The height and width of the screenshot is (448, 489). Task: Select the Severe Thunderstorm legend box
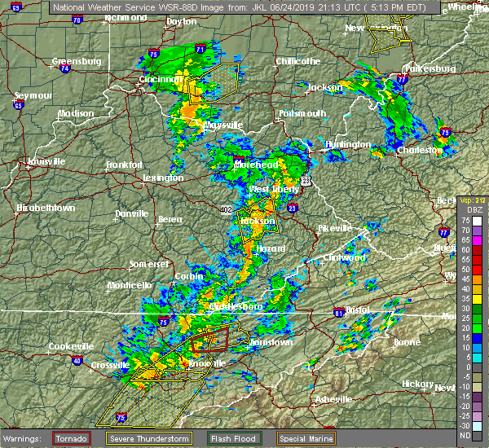[x=148, y=437]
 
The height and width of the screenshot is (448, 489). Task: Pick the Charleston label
[x=420, y=150]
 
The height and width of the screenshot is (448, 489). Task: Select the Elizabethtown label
[x=46, y=208]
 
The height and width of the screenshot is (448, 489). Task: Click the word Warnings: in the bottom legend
[x=26, y=437]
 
